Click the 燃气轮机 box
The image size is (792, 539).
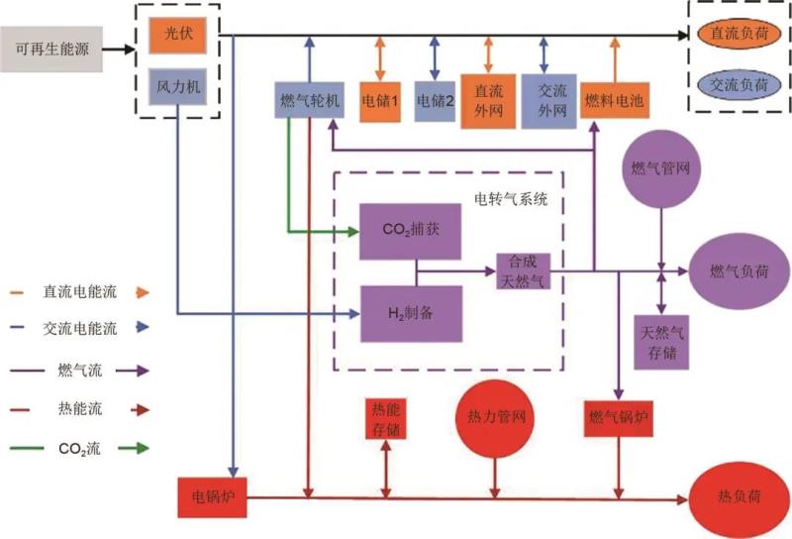(x=311, y=100)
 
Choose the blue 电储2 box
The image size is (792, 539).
(x=435, y=100)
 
